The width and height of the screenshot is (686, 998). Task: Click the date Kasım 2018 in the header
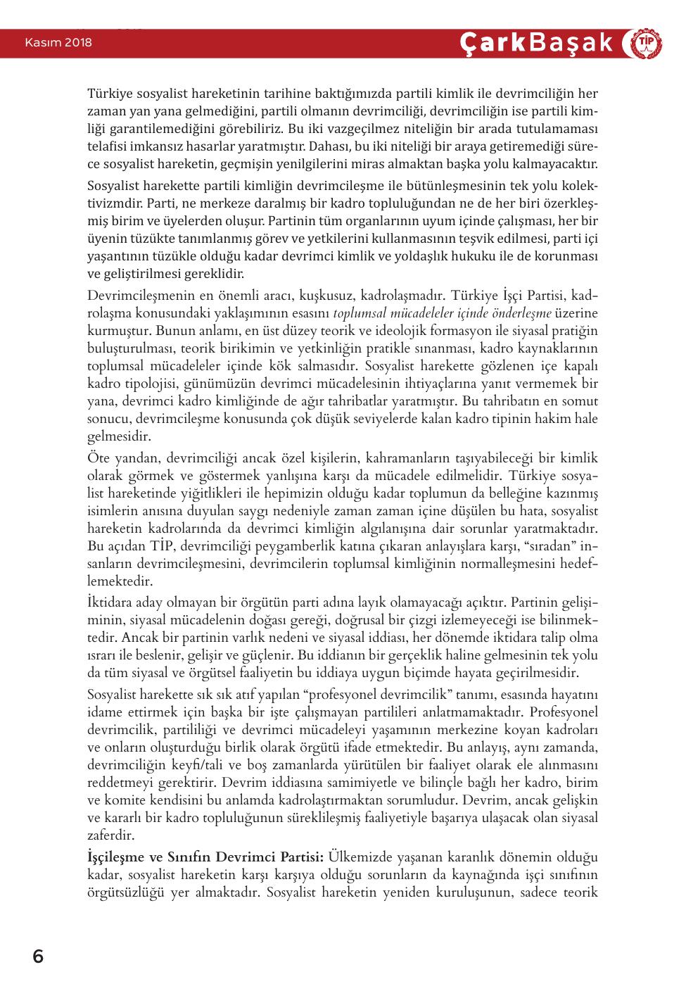[x=58, y=43]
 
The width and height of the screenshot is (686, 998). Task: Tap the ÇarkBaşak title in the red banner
[x=537, y=44]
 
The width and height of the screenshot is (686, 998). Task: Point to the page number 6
[x=38, y=957]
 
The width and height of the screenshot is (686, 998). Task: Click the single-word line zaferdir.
[x=111, y=836]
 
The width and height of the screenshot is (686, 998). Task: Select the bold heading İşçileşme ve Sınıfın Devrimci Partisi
[x=205, y=857]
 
